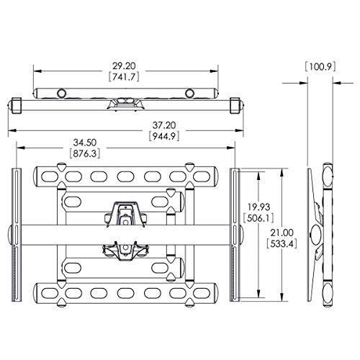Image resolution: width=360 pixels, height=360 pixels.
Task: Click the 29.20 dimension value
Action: coord(124,66)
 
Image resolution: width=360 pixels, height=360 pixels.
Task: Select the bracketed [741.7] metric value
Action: coord(124,77)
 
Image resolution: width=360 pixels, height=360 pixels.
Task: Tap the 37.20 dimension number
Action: coord(164,125)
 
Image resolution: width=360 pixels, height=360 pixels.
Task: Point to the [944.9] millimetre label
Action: coord(164,136)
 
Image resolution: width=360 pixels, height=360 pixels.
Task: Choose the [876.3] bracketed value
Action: coord(85,153)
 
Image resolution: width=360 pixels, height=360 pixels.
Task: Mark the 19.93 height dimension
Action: coord(259,207)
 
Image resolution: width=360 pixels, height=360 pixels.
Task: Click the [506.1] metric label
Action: coord(258,218)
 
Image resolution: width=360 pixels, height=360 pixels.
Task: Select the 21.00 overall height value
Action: coord(282,233)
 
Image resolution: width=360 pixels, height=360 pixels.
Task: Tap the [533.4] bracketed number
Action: coord(282,244)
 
